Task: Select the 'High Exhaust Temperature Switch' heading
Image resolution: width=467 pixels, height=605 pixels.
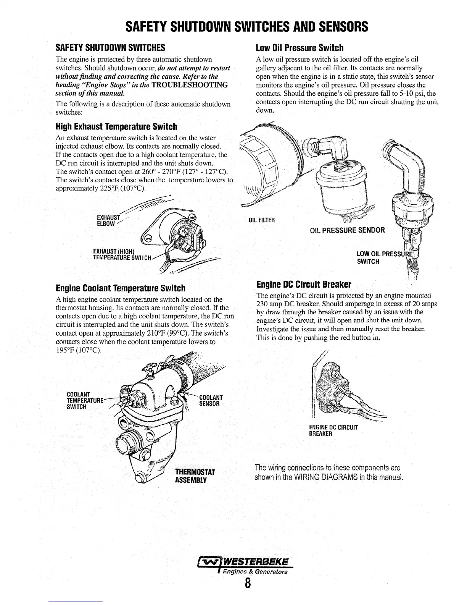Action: [x=116, y=126]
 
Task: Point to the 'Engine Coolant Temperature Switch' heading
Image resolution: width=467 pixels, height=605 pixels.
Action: [x=121, y=288]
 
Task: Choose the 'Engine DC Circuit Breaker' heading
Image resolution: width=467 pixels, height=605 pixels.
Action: [x=304, y=285]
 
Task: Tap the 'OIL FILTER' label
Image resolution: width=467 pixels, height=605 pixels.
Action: [x=262, y=220]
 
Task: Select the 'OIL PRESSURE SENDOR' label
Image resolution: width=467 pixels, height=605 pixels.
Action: [x=348, y=230]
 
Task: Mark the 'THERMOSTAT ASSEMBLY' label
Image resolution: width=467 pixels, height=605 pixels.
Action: [x=195, y=475]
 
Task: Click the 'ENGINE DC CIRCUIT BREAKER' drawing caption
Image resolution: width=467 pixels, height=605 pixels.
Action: [x=333, y=430]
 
